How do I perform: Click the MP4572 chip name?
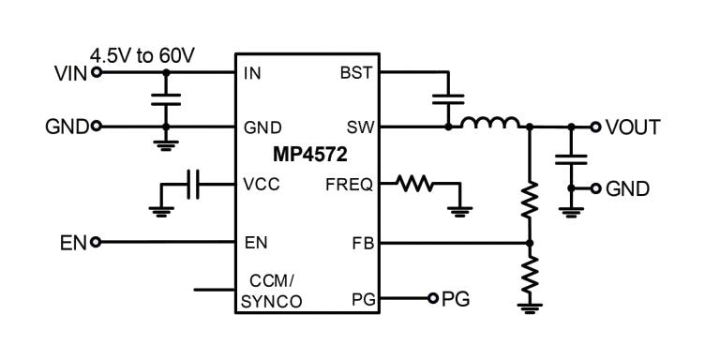[310, 155]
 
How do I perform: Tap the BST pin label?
[356, 73]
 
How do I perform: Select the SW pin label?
[361, 127]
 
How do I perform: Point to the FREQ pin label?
[350, 185]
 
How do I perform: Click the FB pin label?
[364, 244]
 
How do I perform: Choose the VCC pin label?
[262, 185]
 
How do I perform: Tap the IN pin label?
[252, 73]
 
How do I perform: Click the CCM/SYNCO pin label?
[272, 292]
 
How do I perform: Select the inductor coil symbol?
[490, 122]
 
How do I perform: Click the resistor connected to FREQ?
[414, 184]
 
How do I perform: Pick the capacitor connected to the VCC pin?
[193, 185]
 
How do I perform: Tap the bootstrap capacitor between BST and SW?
[448, 99]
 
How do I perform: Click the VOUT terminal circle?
[595, 127]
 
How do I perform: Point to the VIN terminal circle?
[97, 72]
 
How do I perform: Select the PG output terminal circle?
[432, 298]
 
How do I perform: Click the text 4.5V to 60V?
[142, 56]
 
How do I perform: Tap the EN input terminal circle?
[96, 242]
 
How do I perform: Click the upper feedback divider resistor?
[530, 200]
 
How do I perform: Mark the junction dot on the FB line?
[530, 243]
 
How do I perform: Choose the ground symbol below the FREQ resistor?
[460, 211]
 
